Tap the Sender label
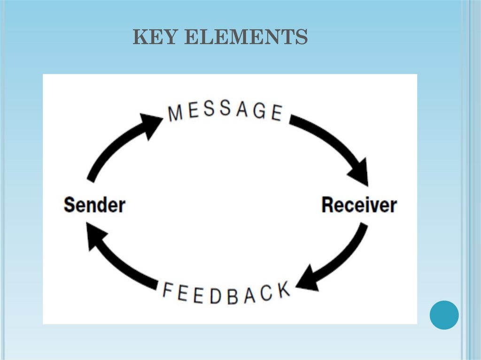tap(94, 205)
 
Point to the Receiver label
tap(359, 205)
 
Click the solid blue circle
tap(444, 315)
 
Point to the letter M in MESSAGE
tap(176, 113)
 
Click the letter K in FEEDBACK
tap(282, 291)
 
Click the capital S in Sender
tap(70, 205)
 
